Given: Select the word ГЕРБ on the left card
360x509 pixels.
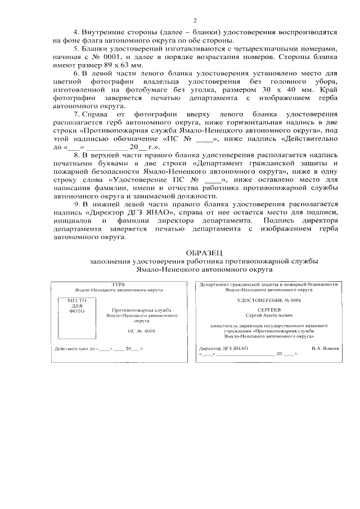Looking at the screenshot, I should click(119, 285).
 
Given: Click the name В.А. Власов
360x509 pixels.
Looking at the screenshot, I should click(325, 348).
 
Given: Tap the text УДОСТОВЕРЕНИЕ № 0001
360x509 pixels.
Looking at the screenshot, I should click(268, 301).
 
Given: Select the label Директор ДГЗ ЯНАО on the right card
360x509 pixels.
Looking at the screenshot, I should click(224, 348).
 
